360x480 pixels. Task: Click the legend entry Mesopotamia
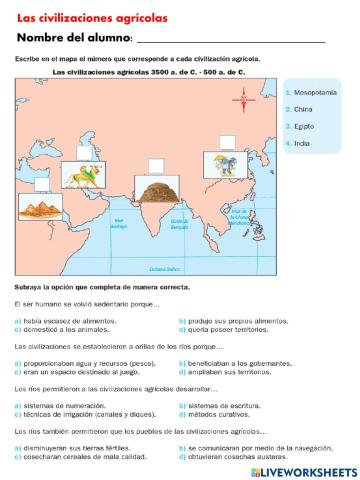[x=313, y=92]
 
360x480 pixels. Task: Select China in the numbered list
[x=303, y=109]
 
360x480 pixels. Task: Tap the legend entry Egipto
[x=305, y=126]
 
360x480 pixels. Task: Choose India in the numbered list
[x=302, y=143]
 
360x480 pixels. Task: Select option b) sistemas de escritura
[x=215, y=406]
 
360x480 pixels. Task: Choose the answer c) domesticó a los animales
[x=60, y=328]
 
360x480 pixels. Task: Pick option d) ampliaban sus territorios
[x=224, y=371]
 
